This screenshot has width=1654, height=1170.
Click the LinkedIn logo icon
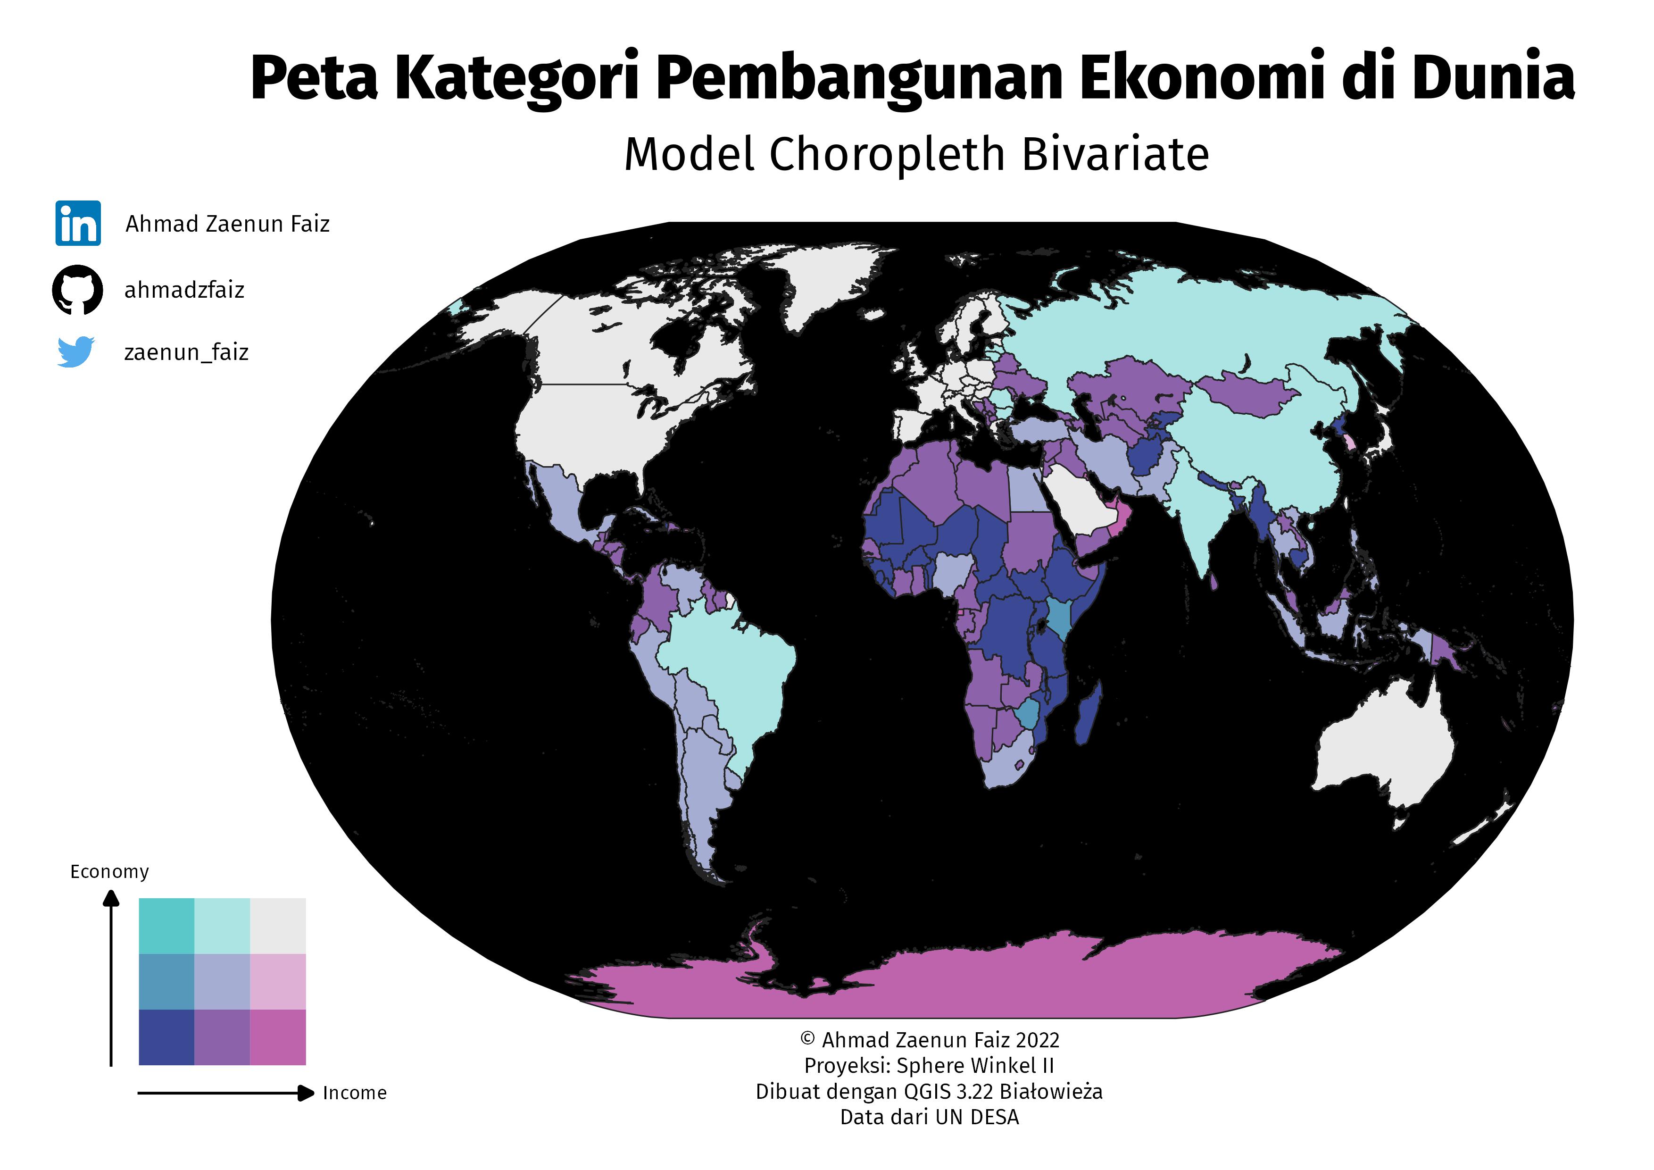tap(78, 223)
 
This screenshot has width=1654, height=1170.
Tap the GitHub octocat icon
tap(77, 290)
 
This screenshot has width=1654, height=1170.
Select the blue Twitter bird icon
tap(75, 351)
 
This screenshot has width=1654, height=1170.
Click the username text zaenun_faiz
tap(186, 352)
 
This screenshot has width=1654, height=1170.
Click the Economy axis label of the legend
tap(109, 872)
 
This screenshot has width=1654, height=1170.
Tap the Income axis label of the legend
tap(355, 1093)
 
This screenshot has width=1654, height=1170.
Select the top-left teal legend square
tap(166, 926)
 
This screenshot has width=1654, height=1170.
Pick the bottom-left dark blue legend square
tap(166, 1037)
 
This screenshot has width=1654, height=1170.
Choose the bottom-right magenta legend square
tap(278, 1037)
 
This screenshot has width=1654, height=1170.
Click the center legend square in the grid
tap(222, 981)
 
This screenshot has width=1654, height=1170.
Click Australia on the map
tap(1383, 749)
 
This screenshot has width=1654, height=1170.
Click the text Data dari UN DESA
tap(929, 1118)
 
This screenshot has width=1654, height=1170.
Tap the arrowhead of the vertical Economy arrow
tap(111, 898)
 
